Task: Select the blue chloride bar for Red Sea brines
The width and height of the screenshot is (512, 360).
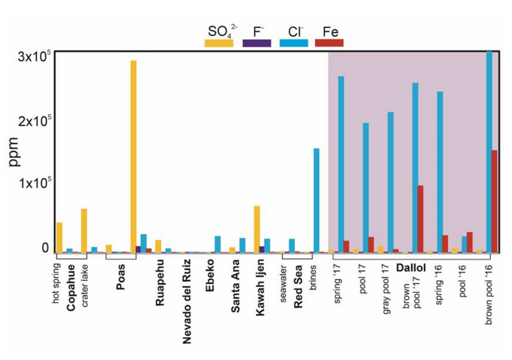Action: point(316,200)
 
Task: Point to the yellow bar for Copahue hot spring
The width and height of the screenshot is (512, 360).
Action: point(59,237)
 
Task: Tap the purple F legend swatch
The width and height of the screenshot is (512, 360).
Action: point(256,43)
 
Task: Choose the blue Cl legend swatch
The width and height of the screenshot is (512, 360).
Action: point(293,43)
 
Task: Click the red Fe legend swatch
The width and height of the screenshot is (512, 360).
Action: point(329,43)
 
